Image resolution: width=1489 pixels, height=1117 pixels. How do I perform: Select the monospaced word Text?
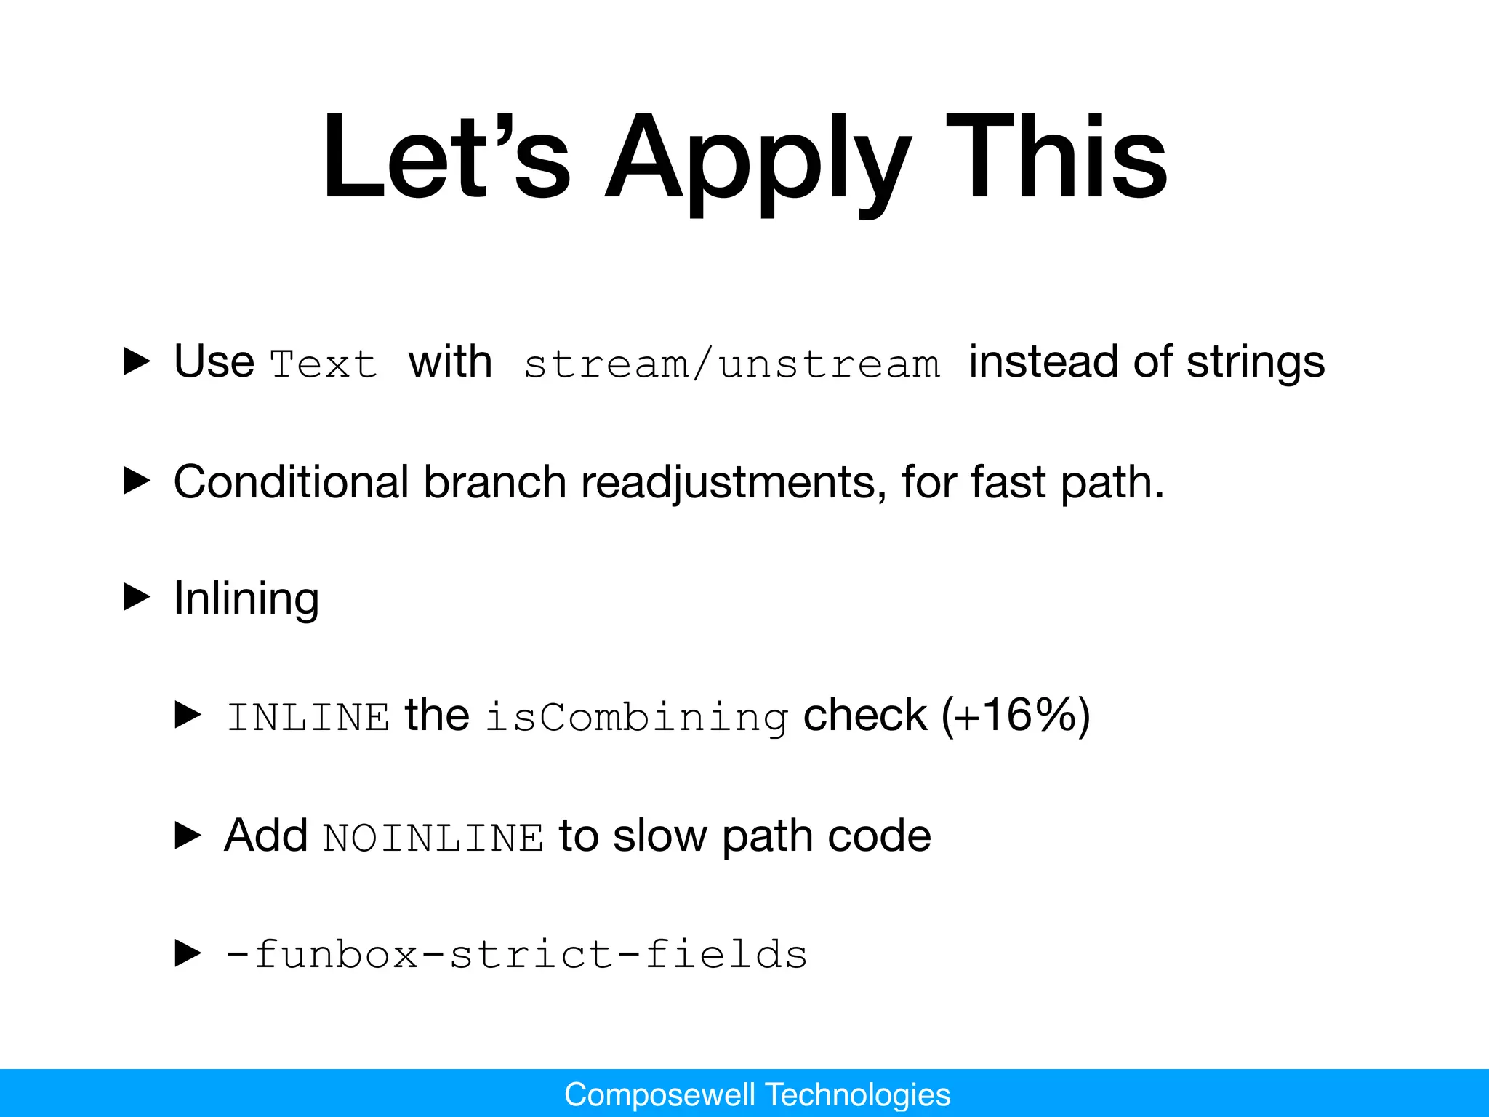pos(324,364)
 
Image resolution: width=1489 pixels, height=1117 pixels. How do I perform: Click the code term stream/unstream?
pos(731,364)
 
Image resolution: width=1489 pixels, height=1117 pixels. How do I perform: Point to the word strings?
pos(1256,362)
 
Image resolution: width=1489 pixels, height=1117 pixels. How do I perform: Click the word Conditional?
pos(292,481)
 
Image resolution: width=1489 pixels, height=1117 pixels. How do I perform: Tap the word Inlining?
pos(246,599)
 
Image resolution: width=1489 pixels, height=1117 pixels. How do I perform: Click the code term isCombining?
pos(637,717)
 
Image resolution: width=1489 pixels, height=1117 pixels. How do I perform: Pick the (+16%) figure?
pos(1016,716)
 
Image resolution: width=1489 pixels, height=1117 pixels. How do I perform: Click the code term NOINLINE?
pos(434,838)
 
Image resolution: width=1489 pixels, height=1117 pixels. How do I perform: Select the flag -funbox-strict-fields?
pos(517,954)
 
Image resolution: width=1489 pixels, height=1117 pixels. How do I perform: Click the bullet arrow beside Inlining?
pos(137,598)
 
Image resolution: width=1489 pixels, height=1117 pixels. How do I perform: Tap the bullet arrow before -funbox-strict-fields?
pos(188,953)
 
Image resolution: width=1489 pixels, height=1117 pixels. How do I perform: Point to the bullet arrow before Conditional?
pos(137,481)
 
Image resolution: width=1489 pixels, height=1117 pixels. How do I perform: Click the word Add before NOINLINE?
pos(266,835)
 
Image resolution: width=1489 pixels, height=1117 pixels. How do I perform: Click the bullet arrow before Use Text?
pos(137,361)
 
